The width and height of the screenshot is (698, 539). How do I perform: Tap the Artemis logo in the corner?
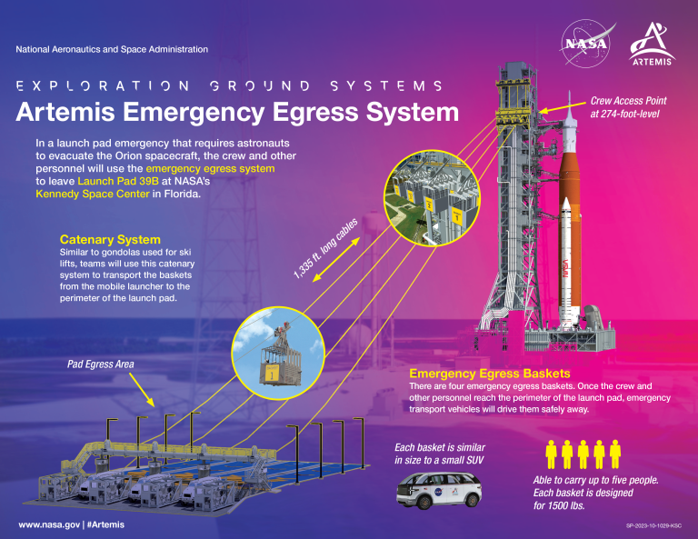pos(653,44)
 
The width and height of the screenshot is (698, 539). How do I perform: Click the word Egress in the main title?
pos(315,112)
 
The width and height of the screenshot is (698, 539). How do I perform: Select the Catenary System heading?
pos(110,239)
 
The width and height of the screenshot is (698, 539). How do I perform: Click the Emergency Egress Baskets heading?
pos(490,374)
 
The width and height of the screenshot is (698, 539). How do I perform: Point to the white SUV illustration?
pos(439,490)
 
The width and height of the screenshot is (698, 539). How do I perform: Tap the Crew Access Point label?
pos(629,101)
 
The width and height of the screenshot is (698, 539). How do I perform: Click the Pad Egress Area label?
pos(101,364)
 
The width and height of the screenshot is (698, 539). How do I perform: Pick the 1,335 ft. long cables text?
pos(325,248)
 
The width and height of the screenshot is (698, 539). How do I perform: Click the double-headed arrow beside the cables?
pos(336,260)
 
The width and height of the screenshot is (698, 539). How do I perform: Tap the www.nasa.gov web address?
pos(49,524)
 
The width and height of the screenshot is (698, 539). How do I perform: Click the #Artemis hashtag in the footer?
pos(105,524)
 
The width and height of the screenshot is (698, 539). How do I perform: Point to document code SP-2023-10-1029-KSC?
pos(653,525)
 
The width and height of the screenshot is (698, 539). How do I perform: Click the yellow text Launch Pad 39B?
pos(118,181)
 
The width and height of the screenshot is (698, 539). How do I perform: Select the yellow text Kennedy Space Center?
pos(93,194)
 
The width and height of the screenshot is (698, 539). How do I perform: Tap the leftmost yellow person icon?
pos(551,454)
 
